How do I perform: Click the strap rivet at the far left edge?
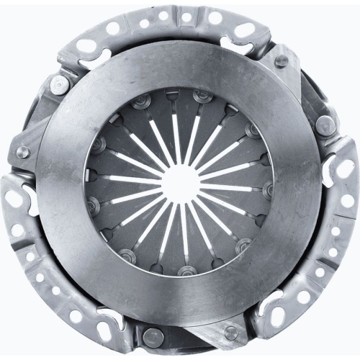click(22, 152)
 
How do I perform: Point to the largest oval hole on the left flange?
click(16, 230)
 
